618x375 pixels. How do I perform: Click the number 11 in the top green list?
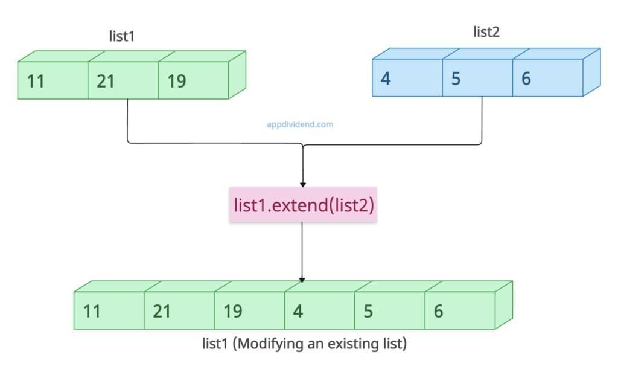(x=36, y=81)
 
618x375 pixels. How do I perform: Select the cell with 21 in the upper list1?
(x=106, y=81)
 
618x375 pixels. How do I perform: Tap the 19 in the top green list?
(x=176, y=81)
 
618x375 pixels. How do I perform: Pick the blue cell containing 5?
(x=456, y=79)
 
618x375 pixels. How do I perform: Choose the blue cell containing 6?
(x=526, y=79)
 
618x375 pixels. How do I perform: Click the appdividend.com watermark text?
(x=300, y=124)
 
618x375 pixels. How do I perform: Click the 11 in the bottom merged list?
(x=92, y=312)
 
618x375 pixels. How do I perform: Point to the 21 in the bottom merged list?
(x=162, y=312)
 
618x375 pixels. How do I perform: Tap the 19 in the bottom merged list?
(x=232, y=312)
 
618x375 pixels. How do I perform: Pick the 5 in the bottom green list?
(x=368, y=312)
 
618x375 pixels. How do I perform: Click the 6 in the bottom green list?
(x=438, y=312)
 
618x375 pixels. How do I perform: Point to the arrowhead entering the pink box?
(x=302, y=184)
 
